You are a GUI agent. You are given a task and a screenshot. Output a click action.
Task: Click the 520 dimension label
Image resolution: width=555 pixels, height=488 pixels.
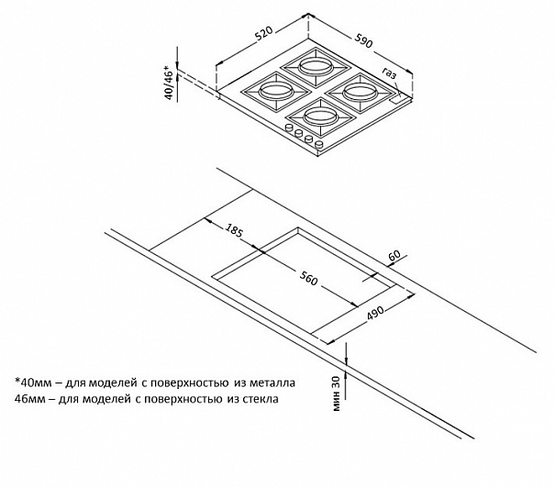pos(264,34)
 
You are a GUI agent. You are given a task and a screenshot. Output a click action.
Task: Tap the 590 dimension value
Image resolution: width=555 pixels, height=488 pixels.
pos(362,40)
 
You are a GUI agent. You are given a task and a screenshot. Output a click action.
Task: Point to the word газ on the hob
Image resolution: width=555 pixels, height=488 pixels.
pos(389,73)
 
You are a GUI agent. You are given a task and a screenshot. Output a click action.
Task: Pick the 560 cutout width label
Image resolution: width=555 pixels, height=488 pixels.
pos(308,278)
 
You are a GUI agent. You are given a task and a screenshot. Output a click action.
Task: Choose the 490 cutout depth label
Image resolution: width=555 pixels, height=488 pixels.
pos(375,313)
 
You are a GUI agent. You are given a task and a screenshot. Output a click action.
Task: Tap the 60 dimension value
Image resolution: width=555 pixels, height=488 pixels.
pos(394,255)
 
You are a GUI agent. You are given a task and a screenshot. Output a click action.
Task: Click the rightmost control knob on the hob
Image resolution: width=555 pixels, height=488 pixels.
pos(319,144)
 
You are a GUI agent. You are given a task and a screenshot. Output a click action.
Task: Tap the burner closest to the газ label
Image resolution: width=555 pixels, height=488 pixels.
pos(359,93)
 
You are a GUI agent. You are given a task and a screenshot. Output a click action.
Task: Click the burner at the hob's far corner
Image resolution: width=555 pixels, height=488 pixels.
pos(314,67)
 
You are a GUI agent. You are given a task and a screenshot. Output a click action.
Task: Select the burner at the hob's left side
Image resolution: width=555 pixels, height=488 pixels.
pos(276,92)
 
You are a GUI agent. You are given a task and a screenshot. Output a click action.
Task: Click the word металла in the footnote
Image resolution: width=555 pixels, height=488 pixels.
pos(272,383)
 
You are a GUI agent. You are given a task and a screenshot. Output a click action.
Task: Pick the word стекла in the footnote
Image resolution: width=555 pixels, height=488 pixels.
pos(261,399)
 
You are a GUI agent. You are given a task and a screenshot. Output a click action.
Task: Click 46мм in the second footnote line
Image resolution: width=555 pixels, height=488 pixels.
pos(30,399)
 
